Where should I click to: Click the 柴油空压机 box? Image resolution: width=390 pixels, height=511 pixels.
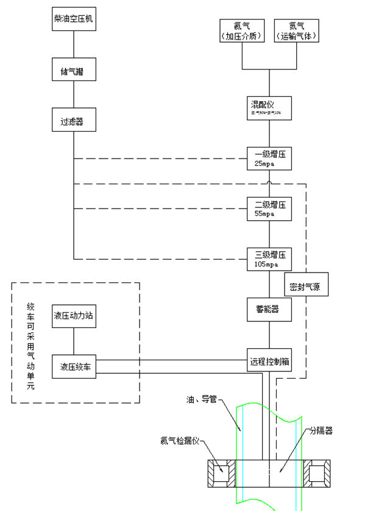tap(74, 20)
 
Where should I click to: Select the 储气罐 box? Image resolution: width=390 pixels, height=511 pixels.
tap(74, 71)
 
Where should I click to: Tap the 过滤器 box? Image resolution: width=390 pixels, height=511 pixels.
tap(74, 122)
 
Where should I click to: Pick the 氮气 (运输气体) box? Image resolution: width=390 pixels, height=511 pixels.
tap(297, 31)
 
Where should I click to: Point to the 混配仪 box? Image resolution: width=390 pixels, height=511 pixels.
tap(269, 108)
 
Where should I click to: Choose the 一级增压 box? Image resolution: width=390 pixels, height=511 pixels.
tap(269, 158)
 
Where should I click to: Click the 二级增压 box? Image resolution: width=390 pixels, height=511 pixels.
tap(269, 209)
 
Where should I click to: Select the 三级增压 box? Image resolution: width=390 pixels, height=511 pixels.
tap(269, 259)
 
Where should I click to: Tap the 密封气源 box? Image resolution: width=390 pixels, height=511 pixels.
tap(306, 286)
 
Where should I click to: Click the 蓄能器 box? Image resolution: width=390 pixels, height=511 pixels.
tap(269, 310)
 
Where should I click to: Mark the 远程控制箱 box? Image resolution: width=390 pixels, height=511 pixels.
tap(269, 361)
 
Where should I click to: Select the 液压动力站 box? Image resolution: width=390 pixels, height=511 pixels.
tap(74, 316)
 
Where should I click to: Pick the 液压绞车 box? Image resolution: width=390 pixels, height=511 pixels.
tap(74, 366)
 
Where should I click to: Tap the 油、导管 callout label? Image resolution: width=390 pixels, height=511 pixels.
tap(202, 401)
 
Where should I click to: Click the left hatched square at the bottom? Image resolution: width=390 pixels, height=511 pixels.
tap(220, 474)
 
